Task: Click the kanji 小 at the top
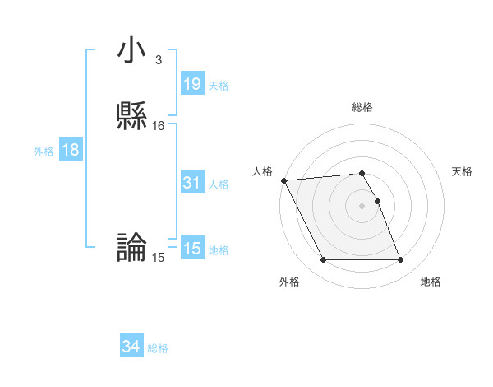click(132, 51)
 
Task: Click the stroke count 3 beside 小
click(158, 60)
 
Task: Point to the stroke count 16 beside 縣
click(158, 126)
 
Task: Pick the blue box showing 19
click(192, 84)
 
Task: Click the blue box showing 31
click(192, 183)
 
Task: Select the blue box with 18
click(71, 151)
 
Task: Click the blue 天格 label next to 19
click(219, 86)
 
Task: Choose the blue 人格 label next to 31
click(219, 184)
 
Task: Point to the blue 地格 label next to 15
click(219, 250)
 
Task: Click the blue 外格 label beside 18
click(44, 152)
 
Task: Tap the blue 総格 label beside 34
click(158, 349)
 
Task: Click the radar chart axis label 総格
click(362, 107)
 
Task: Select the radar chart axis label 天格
click(462, 171)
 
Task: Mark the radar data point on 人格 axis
click(283, 180)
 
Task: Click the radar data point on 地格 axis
click(400, 260)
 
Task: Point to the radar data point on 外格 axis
click(323, 260)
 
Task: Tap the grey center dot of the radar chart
click(362, 206)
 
